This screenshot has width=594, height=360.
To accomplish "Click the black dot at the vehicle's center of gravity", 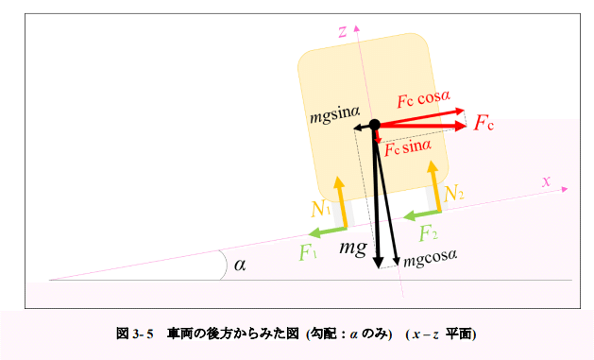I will [374, 125].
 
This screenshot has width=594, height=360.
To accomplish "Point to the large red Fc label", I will [484, 123].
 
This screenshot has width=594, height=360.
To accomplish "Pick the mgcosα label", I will [430, 257].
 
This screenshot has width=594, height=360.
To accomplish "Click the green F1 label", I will [307, 252].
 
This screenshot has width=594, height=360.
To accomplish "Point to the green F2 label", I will [429, 232].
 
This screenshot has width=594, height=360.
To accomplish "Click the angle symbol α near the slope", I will [239, 265].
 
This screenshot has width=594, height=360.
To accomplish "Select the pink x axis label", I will [546, 180].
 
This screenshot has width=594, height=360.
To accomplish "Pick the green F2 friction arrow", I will [421, 215].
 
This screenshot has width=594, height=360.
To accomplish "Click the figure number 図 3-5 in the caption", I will [134, 334].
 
